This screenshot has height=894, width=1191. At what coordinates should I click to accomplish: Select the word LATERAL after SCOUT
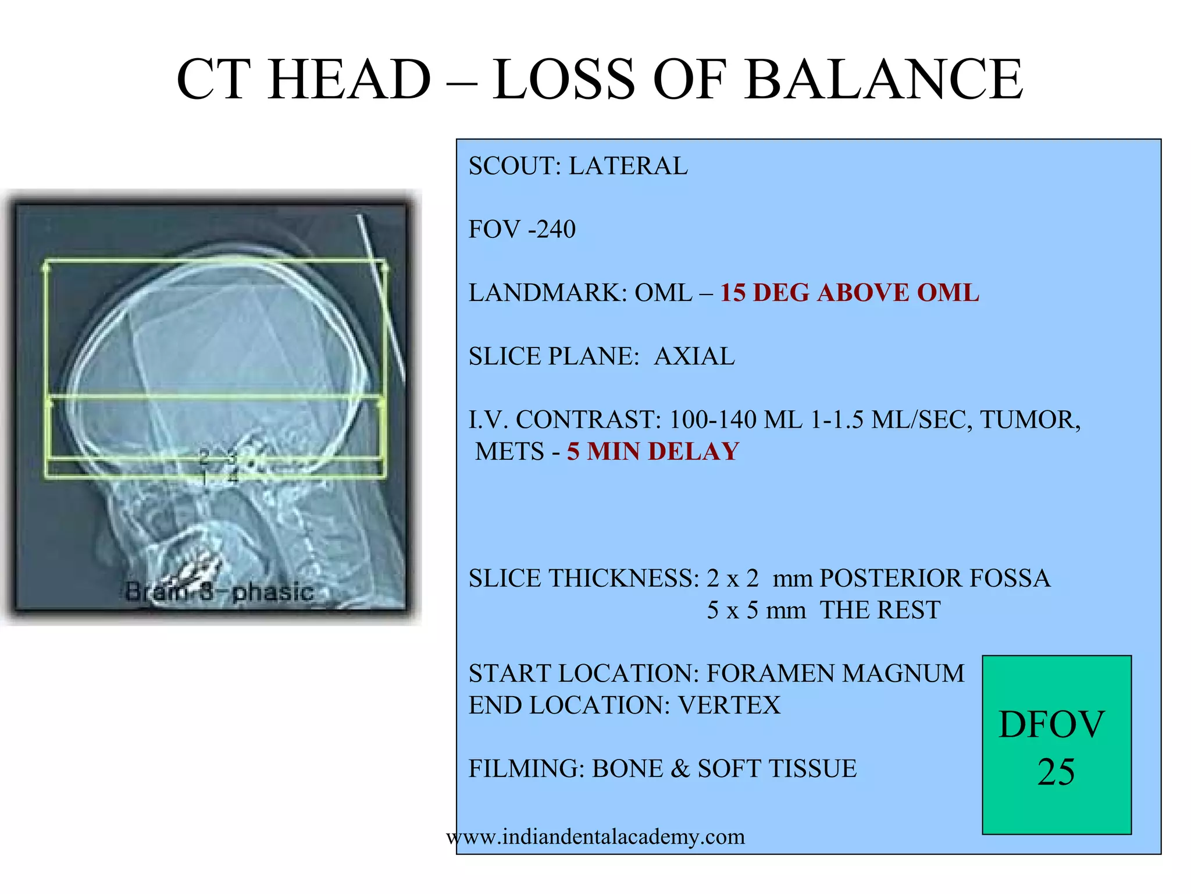(628, 166)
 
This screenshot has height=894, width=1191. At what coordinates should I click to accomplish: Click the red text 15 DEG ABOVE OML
(850, 293)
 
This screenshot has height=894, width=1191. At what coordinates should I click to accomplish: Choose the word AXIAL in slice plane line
(694, 356)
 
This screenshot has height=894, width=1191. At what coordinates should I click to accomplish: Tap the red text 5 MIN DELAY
(653, 452)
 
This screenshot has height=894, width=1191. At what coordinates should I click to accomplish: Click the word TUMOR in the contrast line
(1030, 420)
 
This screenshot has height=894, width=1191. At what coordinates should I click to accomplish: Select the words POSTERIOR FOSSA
(935, 579)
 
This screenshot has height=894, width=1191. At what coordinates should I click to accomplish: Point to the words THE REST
(880, 610)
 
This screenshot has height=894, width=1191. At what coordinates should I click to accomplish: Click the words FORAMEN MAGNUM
(835, 673)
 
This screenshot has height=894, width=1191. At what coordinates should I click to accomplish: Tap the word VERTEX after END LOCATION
(729, 705)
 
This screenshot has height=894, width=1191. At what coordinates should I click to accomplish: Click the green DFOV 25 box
(1056, 745)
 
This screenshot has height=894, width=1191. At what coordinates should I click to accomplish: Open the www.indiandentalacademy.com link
(595, 837)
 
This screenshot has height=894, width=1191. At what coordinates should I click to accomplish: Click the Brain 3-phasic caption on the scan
(219, 592)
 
